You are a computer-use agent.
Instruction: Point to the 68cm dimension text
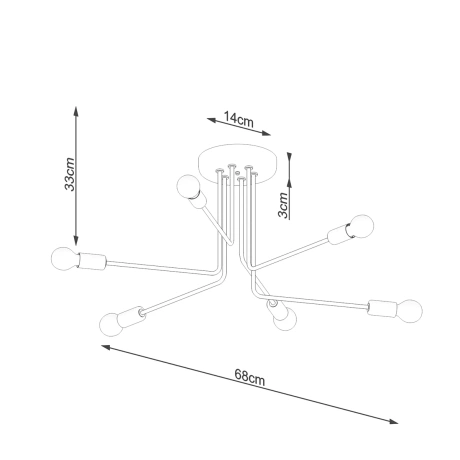tap(249, 377)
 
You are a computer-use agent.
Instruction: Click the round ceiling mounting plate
tap(229, 161)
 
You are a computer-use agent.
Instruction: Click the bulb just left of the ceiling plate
tap(185, 186)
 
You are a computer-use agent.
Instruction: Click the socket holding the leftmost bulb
tap(92, 263)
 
